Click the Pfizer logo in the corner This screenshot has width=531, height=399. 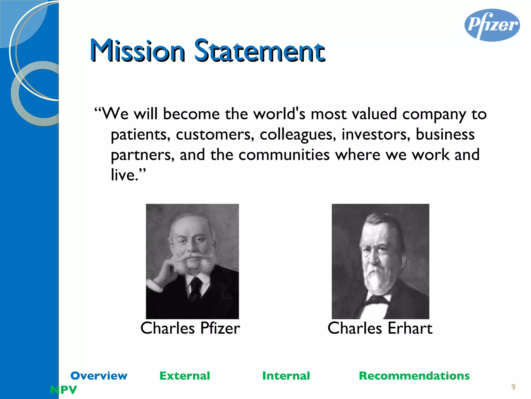(x=492, y=25)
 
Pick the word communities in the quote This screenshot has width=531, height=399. (x=284, y=155)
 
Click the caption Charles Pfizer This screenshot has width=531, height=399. (x=190, y=328)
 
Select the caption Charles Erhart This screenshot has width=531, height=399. (x=380, y=328)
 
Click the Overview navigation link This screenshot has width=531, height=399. (x=99, y=376)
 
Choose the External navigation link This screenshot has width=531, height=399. (x=185, y=376)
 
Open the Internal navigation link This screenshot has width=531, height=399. (x=286, y=376)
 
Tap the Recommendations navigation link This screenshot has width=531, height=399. (x=414, y=376)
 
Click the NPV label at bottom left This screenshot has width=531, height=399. (x=64, y=390)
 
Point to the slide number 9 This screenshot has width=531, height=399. (x=513, y=387)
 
